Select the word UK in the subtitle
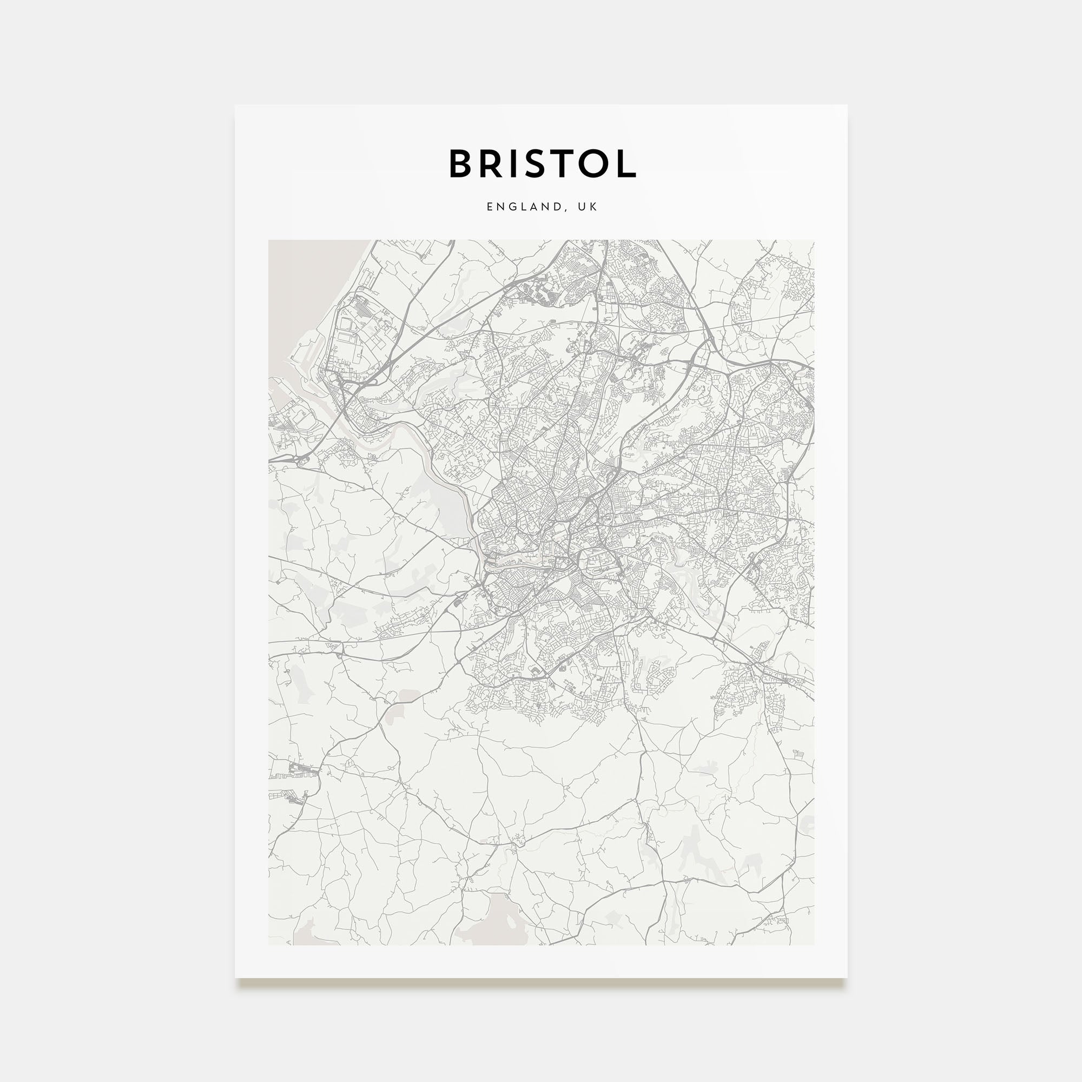(x=588, y=207)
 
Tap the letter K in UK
(x=593, y=207)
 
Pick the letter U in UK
(x=582, y=207)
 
